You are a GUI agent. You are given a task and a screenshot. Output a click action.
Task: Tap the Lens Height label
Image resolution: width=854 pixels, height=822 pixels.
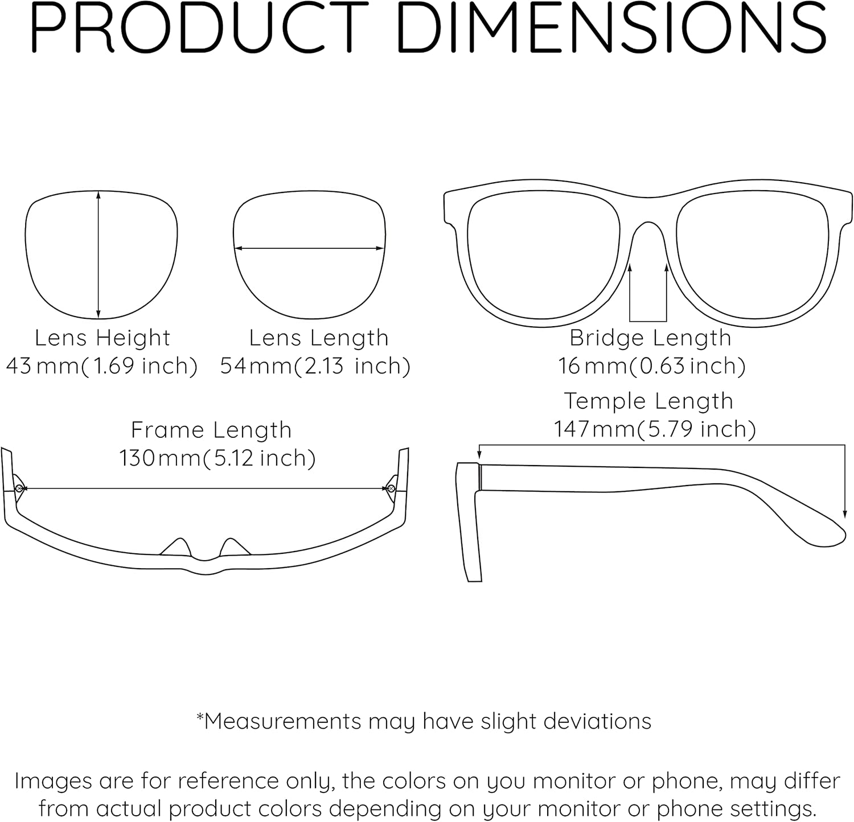102,338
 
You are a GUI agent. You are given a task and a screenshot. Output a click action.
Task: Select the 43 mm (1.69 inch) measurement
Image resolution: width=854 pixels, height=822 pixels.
102,366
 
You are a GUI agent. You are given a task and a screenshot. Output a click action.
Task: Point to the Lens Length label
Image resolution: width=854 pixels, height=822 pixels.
319,338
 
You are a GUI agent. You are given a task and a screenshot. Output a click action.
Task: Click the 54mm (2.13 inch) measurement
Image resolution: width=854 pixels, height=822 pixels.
315,366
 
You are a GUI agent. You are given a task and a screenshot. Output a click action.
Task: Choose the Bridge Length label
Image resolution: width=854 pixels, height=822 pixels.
650,338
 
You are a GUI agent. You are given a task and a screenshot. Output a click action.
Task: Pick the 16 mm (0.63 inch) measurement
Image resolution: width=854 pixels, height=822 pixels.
651,366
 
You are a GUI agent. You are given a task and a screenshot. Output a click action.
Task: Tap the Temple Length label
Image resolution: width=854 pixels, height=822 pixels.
648,401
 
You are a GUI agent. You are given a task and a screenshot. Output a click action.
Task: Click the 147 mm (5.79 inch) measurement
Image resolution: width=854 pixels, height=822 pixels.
655,429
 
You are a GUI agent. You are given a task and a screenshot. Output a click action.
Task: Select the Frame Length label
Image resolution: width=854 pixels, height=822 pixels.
211,430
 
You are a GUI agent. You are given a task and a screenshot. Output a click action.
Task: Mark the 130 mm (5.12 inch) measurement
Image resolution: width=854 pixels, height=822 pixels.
217,458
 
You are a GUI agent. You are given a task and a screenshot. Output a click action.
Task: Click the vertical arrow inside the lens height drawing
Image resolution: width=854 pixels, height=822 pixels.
98,254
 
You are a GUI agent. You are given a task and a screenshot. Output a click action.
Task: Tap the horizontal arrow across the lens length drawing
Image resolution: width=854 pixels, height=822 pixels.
309,248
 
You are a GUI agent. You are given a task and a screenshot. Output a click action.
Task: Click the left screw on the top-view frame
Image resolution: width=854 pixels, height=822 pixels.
19,488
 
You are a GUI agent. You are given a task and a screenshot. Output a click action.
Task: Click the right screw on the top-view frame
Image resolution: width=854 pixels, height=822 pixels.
391,488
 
